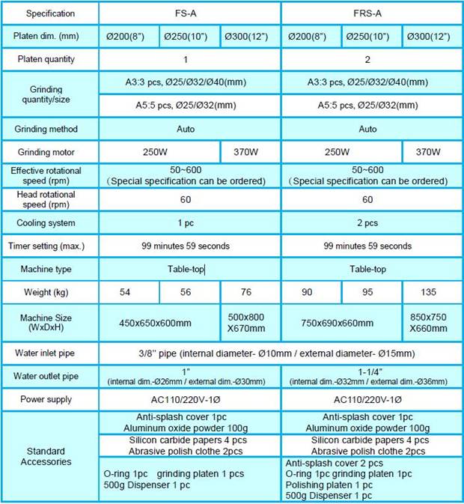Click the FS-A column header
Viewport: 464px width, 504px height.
tap(186, 13)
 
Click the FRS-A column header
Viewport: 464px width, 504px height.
tap(368, 13)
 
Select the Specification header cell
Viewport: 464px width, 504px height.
tap(49, 13)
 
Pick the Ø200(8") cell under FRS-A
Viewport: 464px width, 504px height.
tap(311, 36)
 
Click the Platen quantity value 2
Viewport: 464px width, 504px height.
tap(368, 58)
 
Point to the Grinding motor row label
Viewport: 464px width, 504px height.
tap(49, 151)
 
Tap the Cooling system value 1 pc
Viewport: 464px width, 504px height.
tap(186, 223)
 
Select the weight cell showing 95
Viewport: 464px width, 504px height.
tap(371, 291)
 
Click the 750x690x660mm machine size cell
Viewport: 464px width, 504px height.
tap(341, 323)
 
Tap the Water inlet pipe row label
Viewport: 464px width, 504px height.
tap(49, 353)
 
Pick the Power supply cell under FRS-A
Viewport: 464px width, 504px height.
tap(368, 399)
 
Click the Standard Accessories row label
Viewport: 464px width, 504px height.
tap(49, 456)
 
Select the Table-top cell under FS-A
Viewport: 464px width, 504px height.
tap(186, 268)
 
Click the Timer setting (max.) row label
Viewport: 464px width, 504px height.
tap(49, 246)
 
